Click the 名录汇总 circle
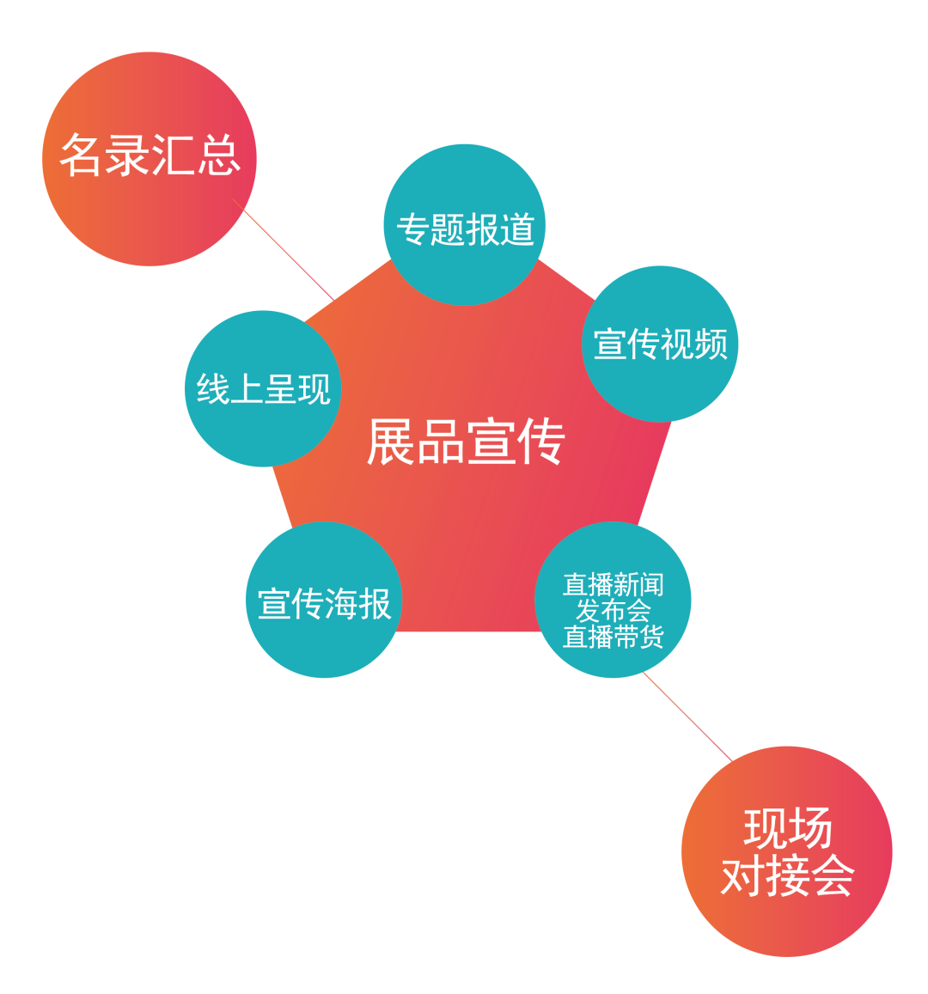(x=149, y=159)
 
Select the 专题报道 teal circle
(x=464, y=225)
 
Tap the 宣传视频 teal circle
(x=660, y=344)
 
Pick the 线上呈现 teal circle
(x=263, y=388)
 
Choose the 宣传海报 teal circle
(x=324, y=601)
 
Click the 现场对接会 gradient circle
(x=786, y=851)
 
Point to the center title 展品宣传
(x=465, y=442)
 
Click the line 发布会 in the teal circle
(x=613, y=611)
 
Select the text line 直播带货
(x=613, y=637)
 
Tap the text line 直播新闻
(x=613, y=585)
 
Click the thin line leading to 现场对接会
(x=687, y=717)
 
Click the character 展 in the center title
(x=391, y=442)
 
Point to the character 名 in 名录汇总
(x=80, y=156)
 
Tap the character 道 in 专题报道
(x=517, y=229)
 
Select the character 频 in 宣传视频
(x=711, y=344)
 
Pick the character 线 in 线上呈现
(x=212, y=388)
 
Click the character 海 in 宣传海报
(x=342, y=603)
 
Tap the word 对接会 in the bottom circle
(x=787, y=876)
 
